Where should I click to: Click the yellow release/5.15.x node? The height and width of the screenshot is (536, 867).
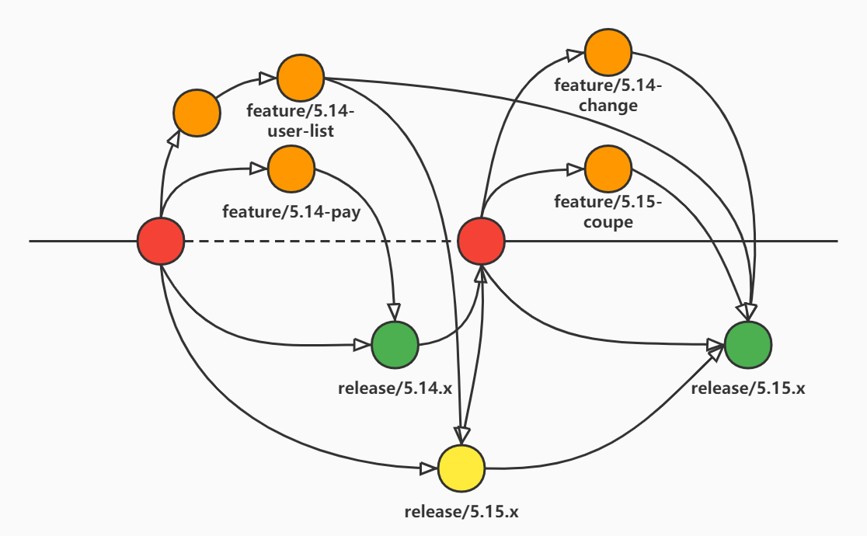tap(461, 469)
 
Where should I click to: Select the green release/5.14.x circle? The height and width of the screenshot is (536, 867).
tap(395, 346)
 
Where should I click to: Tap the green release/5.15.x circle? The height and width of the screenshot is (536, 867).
tap(748, 343)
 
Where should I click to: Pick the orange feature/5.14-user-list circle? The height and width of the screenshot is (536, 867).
tap(301, 78)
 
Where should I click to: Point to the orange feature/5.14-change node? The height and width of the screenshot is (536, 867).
tap(608, 53)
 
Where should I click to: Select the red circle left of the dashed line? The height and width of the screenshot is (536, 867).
tap(161, 242)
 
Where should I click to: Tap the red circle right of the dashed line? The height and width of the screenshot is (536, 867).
tap(481, 242)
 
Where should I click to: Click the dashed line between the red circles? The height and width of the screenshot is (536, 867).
tap(319, 242)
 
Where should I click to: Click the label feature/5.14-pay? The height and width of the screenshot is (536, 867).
tap(291, 211)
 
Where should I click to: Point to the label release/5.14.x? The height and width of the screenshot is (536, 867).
tap(395, 388)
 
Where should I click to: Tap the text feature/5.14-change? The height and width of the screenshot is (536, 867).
tap(608, 96)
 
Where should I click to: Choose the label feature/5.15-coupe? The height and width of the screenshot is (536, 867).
tap(608, 212)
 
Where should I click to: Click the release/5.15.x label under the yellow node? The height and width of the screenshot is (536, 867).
tap(461, 511)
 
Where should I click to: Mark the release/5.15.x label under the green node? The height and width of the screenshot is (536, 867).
tap(748, 388)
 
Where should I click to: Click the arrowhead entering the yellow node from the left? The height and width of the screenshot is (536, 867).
tap(428, 468)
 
